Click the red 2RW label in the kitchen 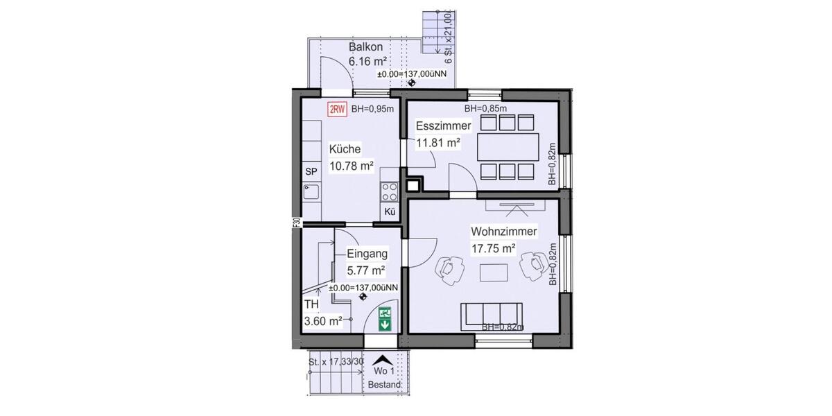click(x=337, y=109)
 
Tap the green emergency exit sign click(x=385, y=318)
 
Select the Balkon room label click(x=366, y=48)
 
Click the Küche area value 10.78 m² click(x=352, y=166)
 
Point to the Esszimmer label click(x=444, y=125)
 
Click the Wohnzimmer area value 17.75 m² click(x=493, y=248)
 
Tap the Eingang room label click(x=367, y=254)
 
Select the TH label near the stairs click(x=311, y=304)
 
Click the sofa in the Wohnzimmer click(x=493, y=315)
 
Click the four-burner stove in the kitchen click(x=390, y=191)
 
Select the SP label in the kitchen click(x=311, y=171)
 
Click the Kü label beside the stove click(x=389, y=213)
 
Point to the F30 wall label click(x=296, y=223)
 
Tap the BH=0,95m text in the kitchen click(x=372, y=109)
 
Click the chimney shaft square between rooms click(x=414, y=184)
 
